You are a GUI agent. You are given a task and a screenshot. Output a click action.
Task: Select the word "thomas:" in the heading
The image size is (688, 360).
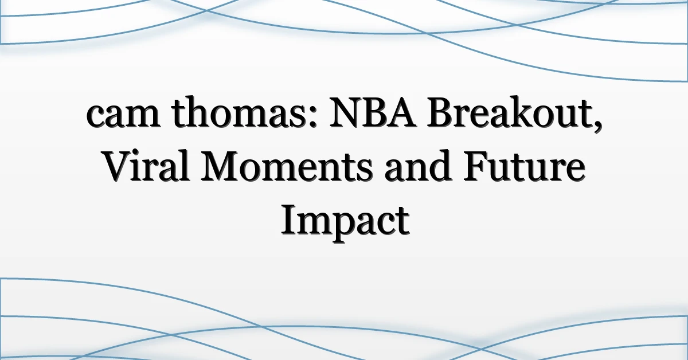244,112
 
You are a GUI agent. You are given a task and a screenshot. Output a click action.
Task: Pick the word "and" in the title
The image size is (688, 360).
418,166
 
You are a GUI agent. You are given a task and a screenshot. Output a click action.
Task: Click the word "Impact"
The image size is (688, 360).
345,222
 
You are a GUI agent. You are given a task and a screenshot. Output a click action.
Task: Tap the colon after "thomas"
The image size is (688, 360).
312,117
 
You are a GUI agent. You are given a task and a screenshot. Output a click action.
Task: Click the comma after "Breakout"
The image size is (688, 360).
597,126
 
